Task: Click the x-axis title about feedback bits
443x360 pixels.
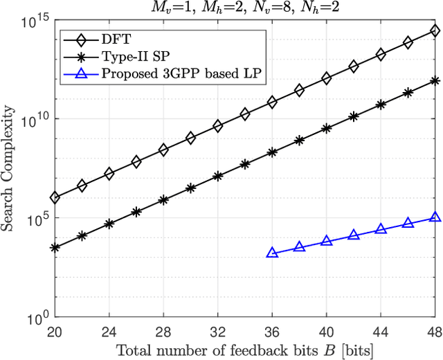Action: click(245, 351)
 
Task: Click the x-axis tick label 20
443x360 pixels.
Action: click(55, 331)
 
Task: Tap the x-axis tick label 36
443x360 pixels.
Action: click(272, 331)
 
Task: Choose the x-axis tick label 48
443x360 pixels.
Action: click(435, 331)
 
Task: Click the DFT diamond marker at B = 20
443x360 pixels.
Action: click(55, 198)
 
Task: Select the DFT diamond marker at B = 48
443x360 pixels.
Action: click(435, 30)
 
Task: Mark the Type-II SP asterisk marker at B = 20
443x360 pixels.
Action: click(55, 247)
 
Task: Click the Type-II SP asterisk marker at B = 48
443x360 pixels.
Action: click(435, 80)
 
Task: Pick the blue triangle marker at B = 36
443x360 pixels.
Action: click(272, 253)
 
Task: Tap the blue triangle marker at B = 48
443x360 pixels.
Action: click(435, 217)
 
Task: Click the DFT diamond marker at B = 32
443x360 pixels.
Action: click(217, 126)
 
